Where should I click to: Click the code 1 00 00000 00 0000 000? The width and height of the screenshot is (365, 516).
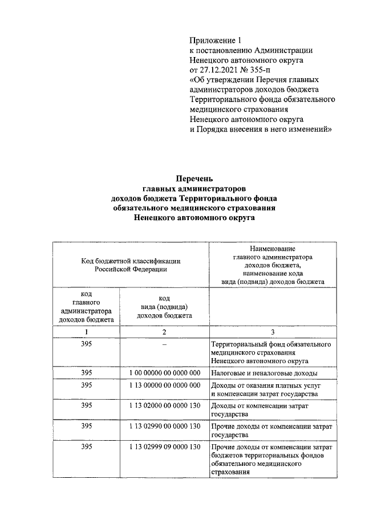(164, 372)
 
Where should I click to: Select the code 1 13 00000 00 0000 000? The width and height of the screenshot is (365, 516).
(164, 385)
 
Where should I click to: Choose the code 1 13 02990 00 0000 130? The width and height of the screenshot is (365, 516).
(164, 425)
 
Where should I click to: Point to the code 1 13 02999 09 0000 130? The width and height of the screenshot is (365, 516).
(164, 446)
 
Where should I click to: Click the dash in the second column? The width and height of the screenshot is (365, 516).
(164, 344)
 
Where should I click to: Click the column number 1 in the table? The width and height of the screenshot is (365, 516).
(86, 332)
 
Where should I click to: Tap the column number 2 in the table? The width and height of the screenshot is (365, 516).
(164, 332)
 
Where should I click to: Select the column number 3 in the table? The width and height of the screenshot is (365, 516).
(273, 332)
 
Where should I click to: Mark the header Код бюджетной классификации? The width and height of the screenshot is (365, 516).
(131, 261)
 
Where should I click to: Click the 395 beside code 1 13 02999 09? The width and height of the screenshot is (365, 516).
(86, 446)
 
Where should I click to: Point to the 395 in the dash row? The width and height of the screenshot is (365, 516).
(86, 344)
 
